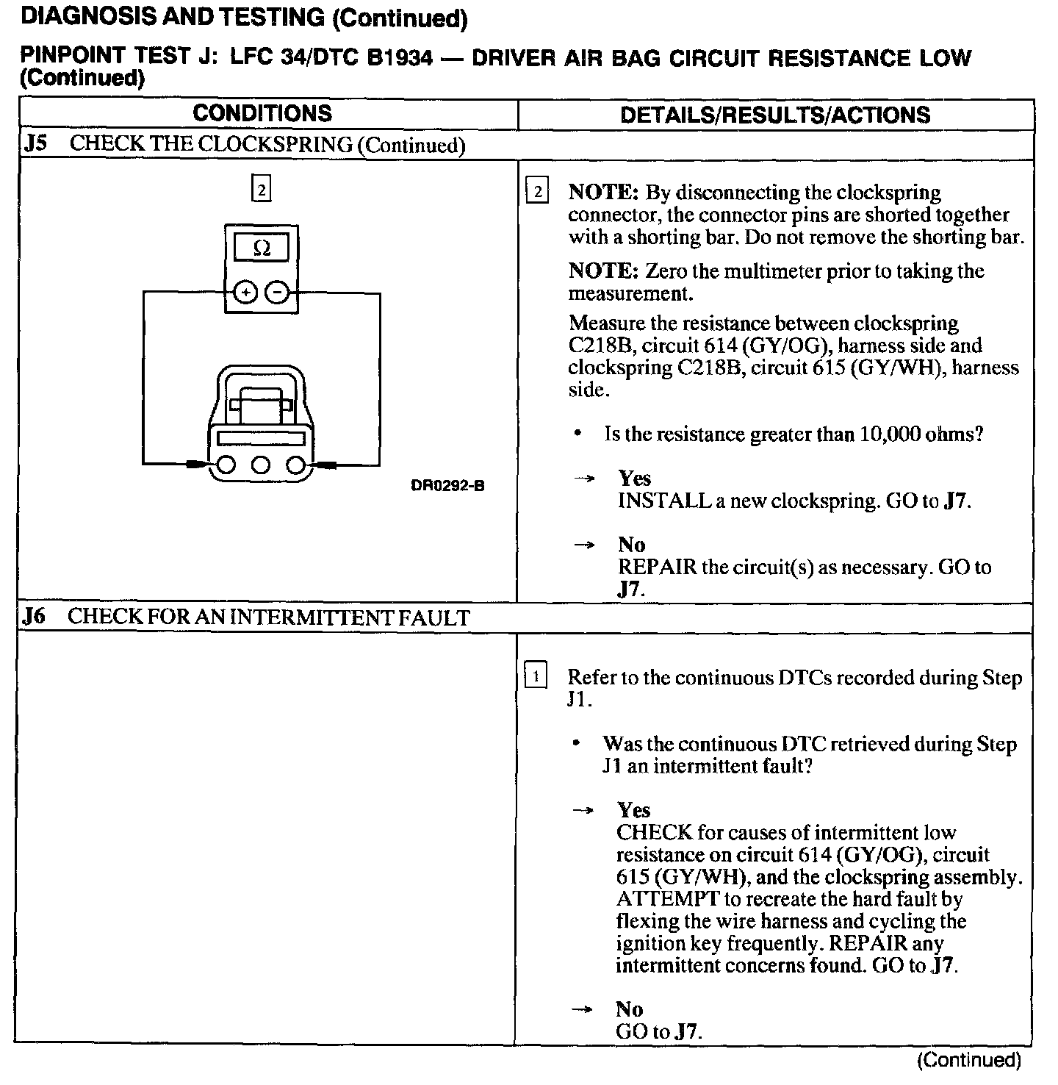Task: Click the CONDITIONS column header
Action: pyautogui.click(x=262, y=113)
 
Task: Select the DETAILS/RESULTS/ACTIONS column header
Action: pyautogui.click(x=775, y=115)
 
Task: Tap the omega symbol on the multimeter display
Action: pyautogui.click(x=261, y=249)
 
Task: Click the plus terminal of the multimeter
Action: pyautogui.click(x=245, y=293)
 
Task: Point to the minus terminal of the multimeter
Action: pyautogui.click(x=277, y=293)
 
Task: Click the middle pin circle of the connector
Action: pyautogui.click(x=261, y=465)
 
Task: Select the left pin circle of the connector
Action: pyautogui.click(x=226, y=465)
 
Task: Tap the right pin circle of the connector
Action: pyautogui.click(x=295, y=465)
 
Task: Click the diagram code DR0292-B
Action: pyautogui.click(x=447, y=486)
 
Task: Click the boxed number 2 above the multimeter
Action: pyautogui.click(x=261, y=190)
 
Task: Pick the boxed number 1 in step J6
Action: pyautogui.click(x=536, y=676)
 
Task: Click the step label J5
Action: pyautogui.click(x=35, y=143)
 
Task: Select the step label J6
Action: pyautogui.click(x=34, y=616)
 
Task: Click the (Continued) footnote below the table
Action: pyautogui.click(x=969, y=1060)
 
